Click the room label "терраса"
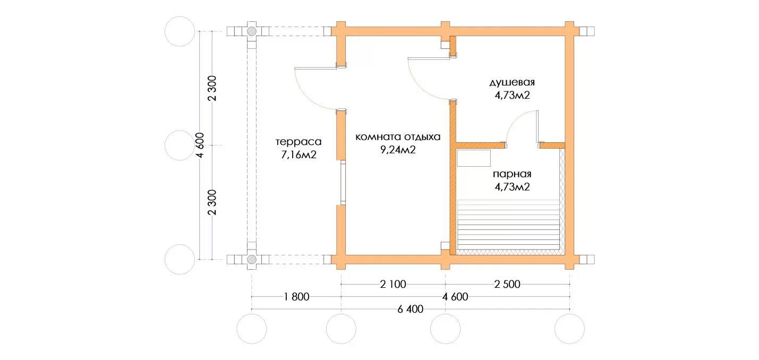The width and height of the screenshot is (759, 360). click(298, 142)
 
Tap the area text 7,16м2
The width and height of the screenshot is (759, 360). click(299, 155)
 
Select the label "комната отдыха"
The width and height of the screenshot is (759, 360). click(398, 137)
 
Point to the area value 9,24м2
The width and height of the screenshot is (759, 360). click(398, 150)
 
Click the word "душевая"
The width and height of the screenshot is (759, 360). click(512, 83)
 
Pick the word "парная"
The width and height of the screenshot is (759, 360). click(512, 174)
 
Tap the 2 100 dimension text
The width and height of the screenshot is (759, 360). click(393, 284)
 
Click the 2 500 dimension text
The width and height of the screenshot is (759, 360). click(507, 284)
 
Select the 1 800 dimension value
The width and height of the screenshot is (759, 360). click(296, 297)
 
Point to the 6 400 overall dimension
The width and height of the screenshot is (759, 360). click(411, 309)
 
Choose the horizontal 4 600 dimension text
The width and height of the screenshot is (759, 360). click(455, 297)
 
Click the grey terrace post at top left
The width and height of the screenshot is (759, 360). click(251, 31)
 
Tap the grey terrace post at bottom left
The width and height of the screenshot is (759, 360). click(251, 260)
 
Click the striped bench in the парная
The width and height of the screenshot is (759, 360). click(508, 224)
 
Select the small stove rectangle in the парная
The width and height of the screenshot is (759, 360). click(474, 158)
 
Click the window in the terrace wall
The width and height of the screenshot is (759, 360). click(343, 182)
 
